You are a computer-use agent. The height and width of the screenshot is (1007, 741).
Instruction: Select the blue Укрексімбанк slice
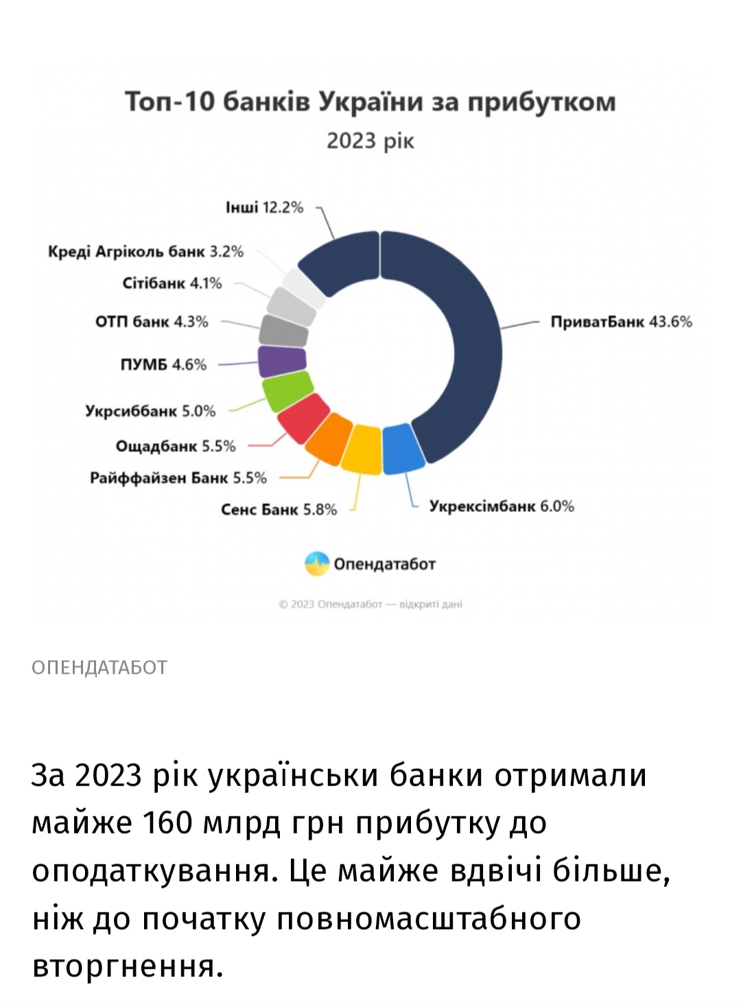pyautogui.click(x=403, y=449)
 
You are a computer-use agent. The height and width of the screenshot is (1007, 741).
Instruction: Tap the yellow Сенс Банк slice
pyautogui.click(x=362, y=451)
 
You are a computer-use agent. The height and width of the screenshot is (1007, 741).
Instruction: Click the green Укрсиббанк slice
pyautogui.click(x=287, y=391)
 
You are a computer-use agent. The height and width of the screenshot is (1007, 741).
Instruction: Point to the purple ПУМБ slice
pyautogui.click(x=282, y=362)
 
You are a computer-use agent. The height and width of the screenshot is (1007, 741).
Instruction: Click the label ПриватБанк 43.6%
pyautogui.click(x=621, y=322)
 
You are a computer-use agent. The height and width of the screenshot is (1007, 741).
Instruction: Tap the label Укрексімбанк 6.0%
pyautogui.click(x=502, y=506)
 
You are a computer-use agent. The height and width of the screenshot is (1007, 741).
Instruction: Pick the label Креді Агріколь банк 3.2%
pyautogui.click(x=145, y=252)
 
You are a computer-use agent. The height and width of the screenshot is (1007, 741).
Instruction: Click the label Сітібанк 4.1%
pyautogui.click(x=172, y=283)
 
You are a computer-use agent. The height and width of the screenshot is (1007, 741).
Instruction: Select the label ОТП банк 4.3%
pyautogui.click(x=152, y=322)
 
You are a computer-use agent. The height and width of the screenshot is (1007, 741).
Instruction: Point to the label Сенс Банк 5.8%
pyautogui.click(x=279, y=510)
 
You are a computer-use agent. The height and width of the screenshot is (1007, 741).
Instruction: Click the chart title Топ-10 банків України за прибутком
pyautogui.click(x=370, y=102)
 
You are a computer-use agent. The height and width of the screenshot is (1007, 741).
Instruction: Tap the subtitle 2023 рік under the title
pyautogui.click(x=370, y=141)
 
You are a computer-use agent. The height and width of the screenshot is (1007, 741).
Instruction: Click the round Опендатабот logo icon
pyautogui.click(x=317, y=564)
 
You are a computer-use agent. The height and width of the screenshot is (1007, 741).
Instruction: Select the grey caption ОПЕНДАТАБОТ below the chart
pyautogui.click(x=99, y=667)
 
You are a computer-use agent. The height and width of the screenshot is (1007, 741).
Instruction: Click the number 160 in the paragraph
pyautogui.click(x=167, y=822)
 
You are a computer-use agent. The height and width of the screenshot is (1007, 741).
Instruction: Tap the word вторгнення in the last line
pyautogui.click(x=128, y=967)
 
